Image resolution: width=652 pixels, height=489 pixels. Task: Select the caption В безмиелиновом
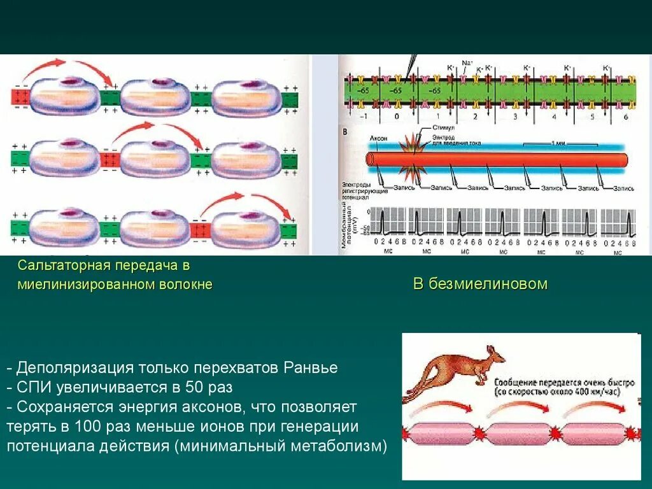click(480, 284)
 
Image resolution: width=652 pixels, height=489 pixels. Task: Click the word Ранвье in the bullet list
click(311, 368)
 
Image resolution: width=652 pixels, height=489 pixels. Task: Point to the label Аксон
click(379, 138)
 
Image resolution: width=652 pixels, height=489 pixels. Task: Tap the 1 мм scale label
click(553, 144)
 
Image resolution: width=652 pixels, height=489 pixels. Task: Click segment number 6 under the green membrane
click(625, 117)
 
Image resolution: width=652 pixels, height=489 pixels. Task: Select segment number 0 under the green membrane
click(397, 117)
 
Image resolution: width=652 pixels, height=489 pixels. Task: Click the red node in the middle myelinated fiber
click(110, 159)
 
